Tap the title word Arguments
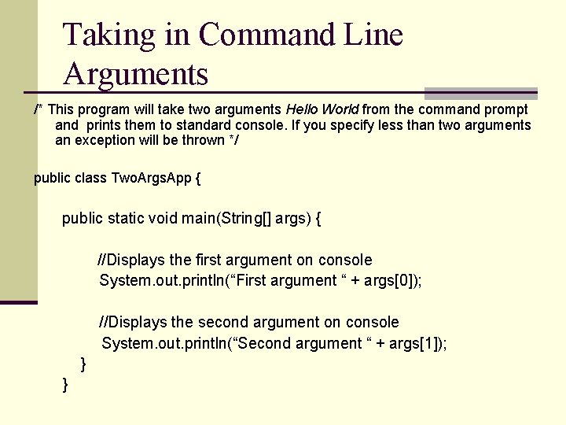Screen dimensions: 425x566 tap(136, 74)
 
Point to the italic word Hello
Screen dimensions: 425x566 tap(302, 109)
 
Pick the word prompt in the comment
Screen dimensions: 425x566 tap(507, 109)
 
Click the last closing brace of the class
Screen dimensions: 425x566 tap(65, 384)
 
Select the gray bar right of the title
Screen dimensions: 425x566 tap(481, 93)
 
